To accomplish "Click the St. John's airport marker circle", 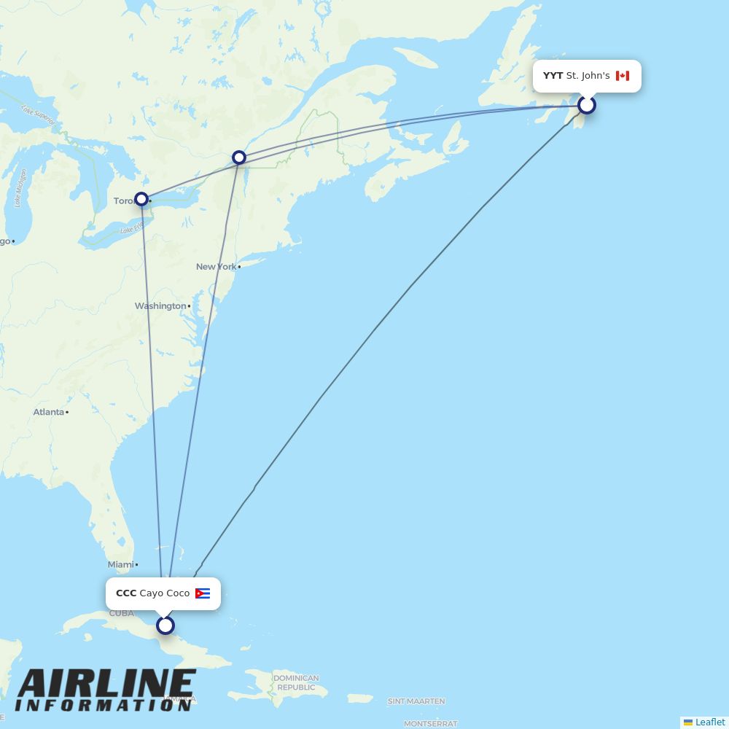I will click(x=587, y=105).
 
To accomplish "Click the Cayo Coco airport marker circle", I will click(x=165, y=625).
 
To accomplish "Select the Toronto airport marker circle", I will click(x=141, y=199).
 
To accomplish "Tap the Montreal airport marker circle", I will click(x=239, y=157).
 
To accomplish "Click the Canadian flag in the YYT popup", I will click(x=622, y=76).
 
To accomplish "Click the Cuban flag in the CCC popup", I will click(x=203, y=593).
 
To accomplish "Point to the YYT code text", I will click(x=553, y=76).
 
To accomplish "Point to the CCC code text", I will click(x=125, y=593).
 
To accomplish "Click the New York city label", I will click(x=216, y=267).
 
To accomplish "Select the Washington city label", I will click(x=160, y=306).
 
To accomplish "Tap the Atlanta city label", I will click(x=48, y=412).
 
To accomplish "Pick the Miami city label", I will click(x=120, y=564).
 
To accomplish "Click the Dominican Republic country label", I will click(x=296, y=683).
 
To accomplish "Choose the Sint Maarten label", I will click(x=416, y=701).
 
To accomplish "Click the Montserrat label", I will click(x=430, y=724).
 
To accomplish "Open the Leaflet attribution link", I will click(x=709, y=722).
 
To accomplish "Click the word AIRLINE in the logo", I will click(x=106, y=685).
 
